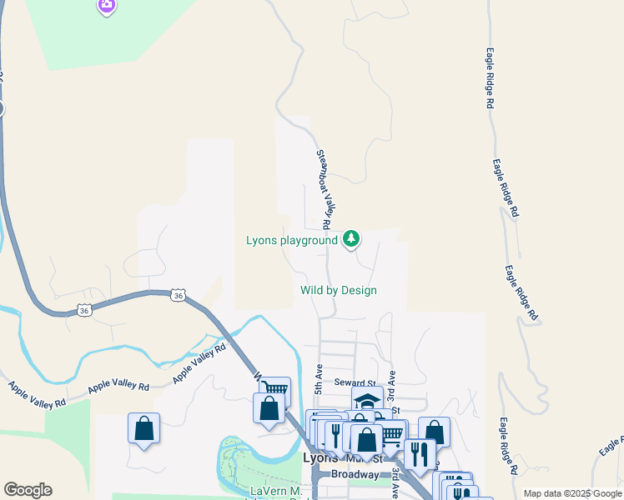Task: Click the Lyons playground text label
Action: click(x=291, y=241)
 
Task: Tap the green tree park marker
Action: click(x=351, y=240)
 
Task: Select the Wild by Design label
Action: click(x=339, y=291)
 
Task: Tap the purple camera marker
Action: click(x=106, y=6)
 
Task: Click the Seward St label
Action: click(x=350, y=382)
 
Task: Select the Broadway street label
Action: click(x=355, y=474)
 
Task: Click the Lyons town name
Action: click(x=320, y=458)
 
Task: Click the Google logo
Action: click(x=28, y=490)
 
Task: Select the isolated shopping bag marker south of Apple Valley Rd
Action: click(x=143, y=428)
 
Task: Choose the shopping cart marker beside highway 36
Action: click(x=276, y=390)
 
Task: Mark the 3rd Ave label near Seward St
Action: click(x=391, y=384)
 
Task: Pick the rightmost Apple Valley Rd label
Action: click(x=199, y=363)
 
